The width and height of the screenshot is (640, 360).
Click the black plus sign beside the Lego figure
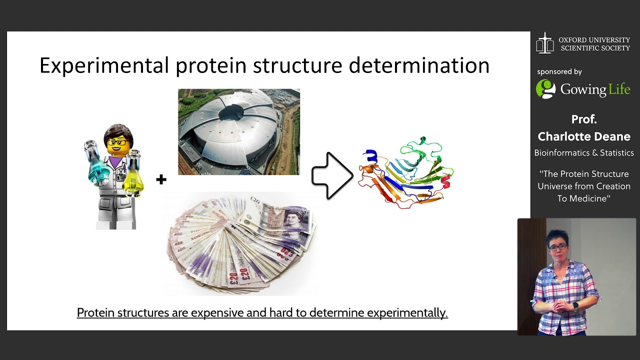pyautogui.click(x=161, y=180)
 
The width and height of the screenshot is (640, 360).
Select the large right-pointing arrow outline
pyautogui.click(x=331, y=175)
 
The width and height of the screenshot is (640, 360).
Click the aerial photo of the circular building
pyautogui.click(x=238, y=132)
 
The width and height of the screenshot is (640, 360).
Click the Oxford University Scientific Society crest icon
pyautogui.click(x=545, y=43)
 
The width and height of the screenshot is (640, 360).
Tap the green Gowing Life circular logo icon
pyautogui.click(x=545, y=89)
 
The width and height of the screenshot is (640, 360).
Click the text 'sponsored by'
pyautogui.click(x=559, y=71)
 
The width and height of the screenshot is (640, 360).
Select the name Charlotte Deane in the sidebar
pyautogui.click(x=583, y=136)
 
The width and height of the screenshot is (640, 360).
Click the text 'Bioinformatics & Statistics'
pyautogui.click(x=583, y=153)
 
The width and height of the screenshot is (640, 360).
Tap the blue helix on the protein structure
pyautogui.click(x=370, y=156)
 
